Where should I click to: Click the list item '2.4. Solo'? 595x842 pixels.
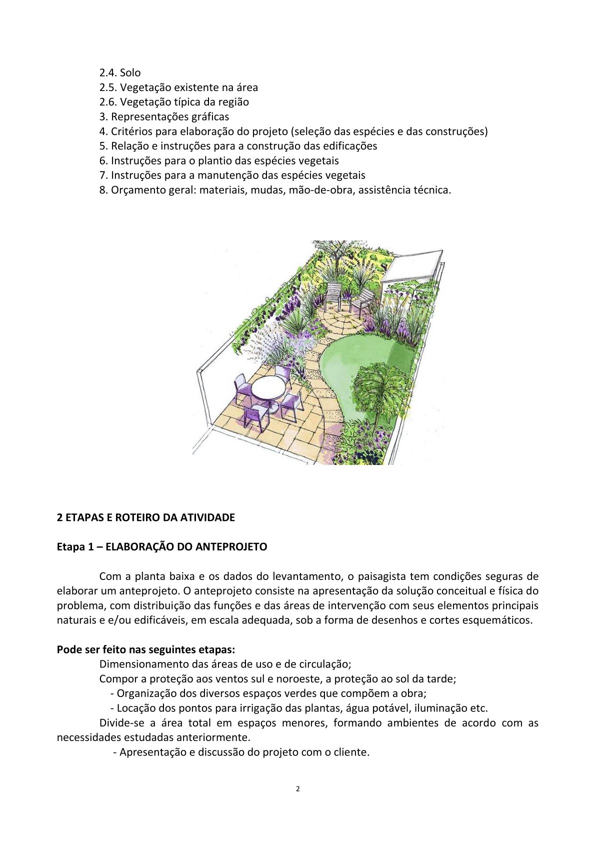pos(120,73)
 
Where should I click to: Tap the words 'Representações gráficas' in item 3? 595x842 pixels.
pos(170,117)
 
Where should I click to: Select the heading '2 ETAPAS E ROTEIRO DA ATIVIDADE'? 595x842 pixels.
pos(146,517)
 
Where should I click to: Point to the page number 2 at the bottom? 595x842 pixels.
pos(298,789)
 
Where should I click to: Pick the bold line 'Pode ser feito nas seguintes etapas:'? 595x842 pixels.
pos(146,650)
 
